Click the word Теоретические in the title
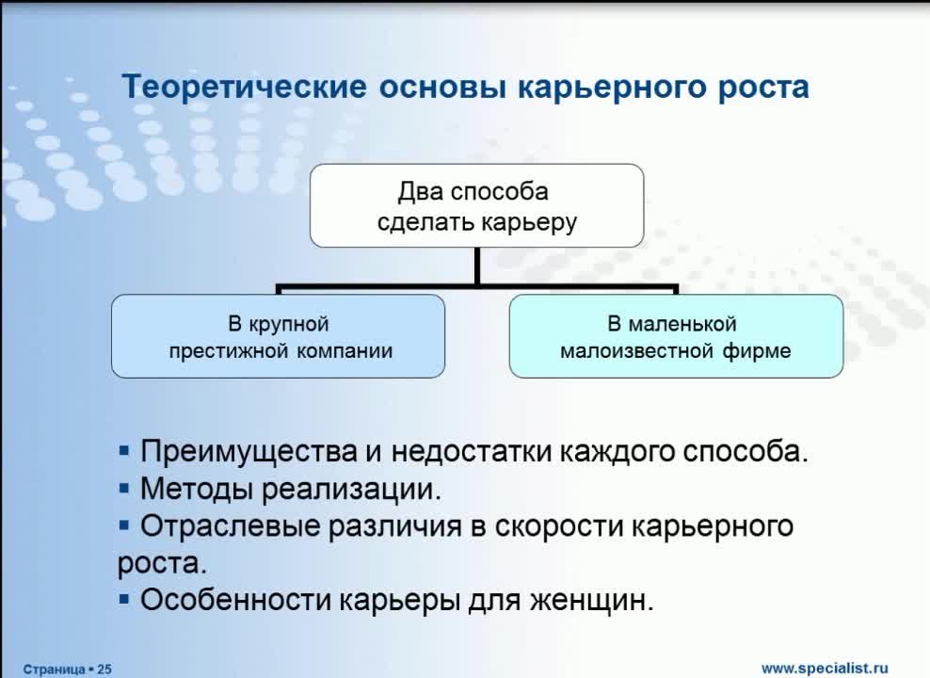tap(245, 86)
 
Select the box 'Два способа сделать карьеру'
tap(477, 206)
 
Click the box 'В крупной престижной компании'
tap(279, 336)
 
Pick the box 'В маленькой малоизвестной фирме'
tap(676, 336)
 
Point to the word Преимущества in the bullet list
tap(249, 452)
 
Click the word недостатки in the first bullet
tap(473, 452)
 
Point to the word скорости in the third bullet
tap(559, 526)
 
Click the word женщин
tap(591, 601)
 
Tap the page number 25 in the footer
tap(104, 670)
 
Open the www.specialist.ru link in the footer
tap(825, 669)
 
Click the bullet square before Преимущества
tap(124, 451)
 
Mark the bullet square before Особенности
tap(124, 599)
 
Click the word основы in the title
tap(442, 88)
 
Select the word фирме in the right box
tap(757, 350)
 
